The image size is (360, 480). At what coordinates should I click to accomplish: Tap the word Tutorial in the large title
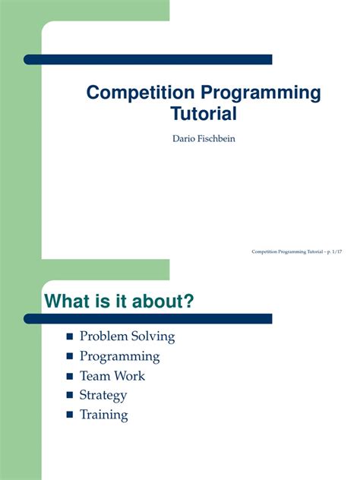(203, 115)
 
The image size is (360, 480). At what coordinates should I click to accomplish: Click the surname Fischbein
(218, 138)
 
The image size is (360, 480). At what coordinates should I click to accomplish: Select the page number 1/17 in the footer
(338, 251)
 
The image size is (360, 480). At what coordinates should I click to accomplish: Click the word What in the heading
(69, 302)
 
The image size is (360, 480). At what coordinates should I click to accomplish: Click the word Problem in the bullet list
(102, 336)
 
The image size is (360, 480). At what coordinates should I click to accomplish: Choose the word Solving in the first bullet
(151, 336)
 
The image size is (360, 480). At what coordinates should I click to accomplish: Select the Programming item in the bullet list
(119, 356)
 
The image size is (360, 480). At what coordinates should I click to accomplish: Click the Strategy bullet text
(103, 396)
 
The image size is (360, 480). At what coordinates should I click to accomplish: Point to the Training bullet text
(103, 415)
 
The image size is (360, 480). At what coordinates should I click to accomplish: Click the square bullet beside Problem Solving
(71, 336)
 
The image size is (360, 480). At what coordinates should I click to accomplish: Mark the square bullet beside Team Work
(71, 376)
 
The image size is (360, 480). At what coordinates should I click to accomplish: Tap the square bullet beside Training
(71, 415)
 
